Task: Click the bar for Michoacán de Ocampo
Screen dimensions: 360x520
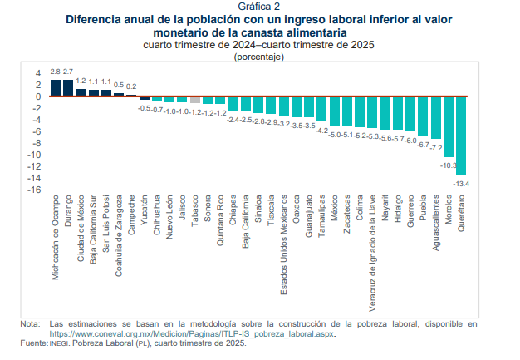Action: [56, 88]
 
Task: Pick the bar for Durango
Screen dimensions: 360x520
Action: [68, 88]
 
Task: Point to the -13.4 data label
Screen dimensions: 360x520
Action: [461, 183]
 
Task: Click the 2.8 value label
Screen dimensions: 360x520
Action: [56, 72]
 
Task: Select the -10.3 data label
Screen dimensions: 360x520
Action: [449, 165]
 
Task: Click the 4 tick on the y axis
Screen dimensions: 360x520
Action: [37, 72]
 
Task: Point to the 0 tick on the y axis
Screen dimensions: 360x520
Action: [37, 96]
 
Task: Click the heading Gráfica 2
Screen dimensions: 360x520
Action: [259, 6]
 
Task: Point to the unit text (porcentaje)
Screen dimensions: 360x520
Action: [259, 57]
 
